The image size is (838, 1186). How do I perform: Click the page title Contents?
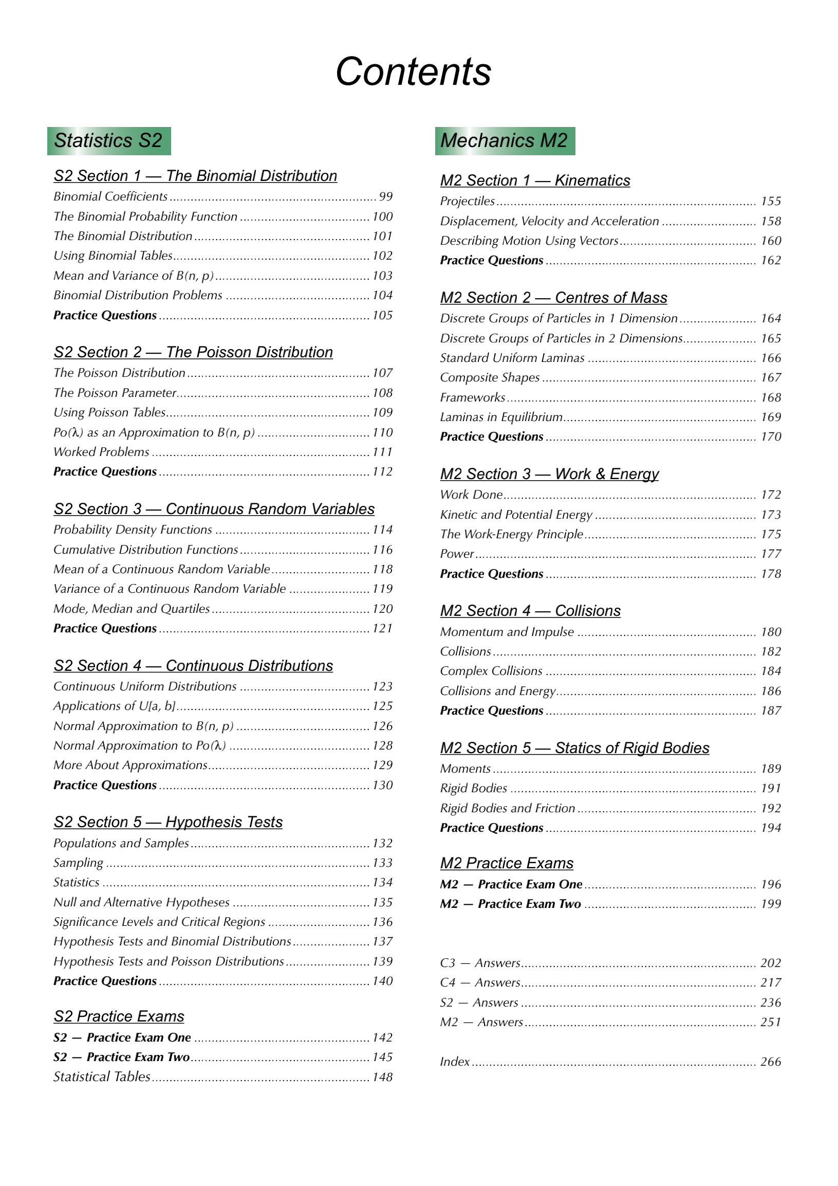tap(413, 71)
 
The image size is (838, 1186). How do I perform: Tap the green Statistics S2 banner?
tap(108, 140)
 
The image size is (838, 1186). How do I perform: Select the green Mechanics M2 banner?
tap(505, 140)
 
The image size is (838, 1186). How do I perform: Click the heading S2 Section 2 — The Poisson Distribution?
tap(193, 352)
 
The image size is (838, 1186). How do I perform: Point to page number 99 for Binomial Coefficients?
tap(386, 196)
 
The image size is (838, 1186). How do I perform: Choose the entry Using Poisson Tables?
tap(109, 412)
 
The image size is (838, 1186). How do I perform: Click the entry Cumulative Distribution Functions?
tap(145, 550)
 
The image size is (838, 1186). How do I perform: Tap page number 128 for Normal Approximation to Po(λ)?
tap(383, 745)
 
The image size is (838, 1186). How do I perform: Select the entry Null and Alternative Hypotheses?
tap(141, 902)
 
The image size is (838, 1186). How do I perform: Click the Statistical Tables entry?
tap(102, 1076)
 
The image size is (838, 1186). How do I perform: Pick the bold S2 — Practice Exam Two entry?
tap(122, 1057)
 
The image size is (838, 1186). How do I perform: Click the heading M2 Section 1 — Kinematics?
tap(535, 180)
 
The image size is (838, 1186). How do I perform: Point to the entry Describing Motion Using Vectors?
tap(529, 241)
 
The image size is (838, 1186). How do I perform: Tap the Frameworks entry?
tap(473, 397)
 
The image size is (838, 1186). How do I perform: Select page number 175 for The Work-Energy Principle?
tap(770, 534)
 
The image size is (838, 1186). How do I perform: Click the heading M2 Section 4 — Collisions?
tap(530, 611)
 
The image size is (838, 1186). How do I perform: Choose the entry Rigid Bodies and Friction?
tap(507, 808)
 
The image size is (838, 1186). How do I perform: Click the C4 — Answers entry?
tap(480, 982)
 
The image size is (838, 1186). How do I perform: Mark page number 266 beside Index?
tap(770, 1062)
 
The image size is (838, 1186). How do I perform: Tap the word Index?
tap(454, 1062)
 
